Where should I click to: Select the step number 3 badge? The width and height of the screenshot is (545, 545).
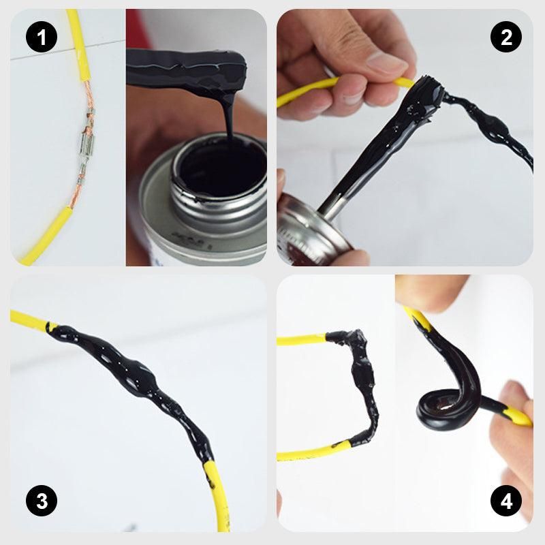pyautogui.click(x=42, y=503)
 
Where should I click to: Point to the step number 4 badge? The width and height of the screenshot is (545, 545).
pyautogui.click(x=505, y=503)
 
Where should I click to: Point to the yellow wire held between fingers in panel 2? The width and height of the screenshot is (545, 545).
pyautogui.click(x=307, y=92)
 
